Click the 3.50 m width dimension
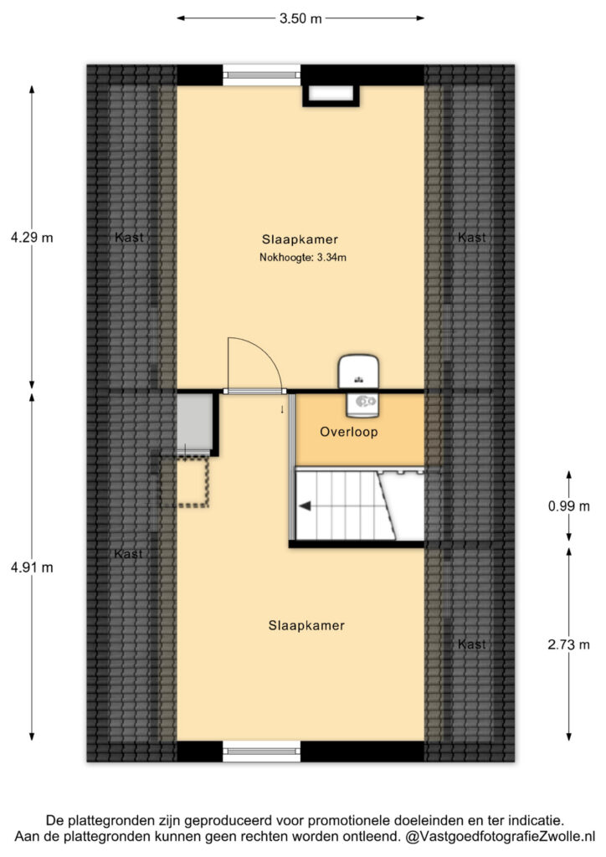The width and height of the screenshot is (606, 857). [x=300, y=18]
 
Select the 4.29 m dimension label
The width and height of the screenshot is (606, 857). [x=33, y=238]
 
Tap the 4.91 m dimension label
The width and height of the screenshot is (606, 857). [x=33, y=567]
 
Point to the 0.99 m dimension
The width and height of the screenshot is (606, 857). [x=569, y=506]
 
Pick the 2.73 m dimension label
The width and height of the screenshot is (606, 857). [x=569, y=645]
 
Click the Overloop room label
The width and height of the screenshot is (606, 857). [x=349, y=433]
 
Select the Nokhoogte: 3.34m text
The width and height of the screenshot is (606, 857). [x=303, y=258]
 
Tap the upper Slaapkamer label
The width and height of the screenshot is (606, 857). [x=300, y=239]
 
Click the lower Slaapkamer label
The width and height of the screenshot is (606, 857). [x=306, y=626]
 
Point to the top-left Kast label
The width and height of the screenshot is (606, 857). [x=129, y=237]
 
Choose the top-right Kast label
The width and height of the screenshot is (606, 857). [x=471, y=237]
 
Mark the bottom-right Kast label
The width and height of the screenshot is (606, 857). [x=471, y=644]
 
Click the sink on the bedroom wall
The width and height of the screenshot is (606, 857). [x=358, y=372]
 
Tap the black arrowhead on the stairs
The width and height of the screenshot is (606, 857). [x=305, y=506]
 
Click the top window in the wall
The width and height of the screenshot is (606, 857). [x=262, y=74]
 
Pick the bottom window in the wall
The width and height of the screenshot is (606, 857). [x=262, y=752]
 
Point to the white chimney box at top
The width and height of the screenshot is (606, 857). [x=331, y=95]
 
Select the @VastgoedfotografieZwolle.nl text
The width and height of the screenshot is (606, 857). [x=500, y=836]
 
